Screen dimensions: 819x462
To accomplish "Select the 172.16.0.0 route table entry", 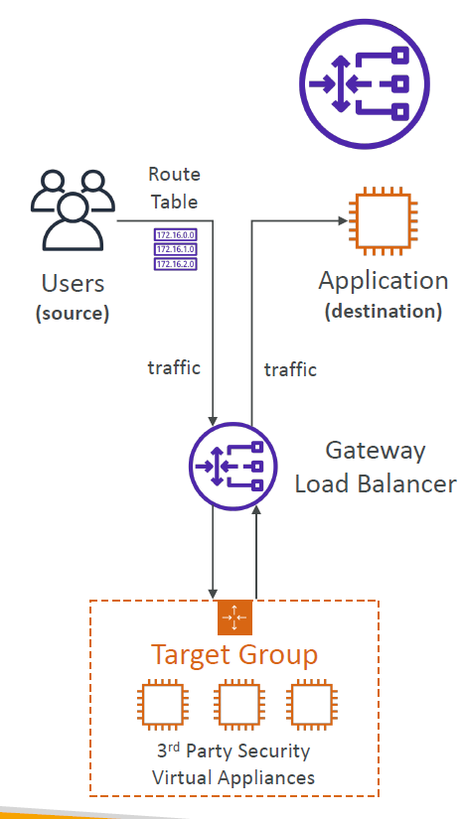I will coord(175,234).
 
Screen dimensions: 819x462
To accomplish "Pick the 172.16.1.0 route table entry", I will coord(175,249).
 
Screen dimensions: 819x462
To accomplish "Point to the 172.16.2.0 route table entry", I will coord(175,264).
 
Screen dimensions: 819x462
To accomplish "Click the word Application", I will coord(383,281).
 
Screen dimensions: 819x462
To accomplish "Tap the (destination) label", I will coord(383,311).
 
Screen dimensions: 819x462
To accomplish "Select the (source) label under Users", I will coord(73,314).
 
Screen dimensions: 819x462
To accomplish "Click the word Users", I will coord(73,284).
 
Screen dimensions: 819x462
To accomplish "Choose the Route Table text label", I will coord(174,188).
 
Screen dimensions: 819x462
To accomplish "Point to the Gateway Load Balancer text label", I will coord(376,468).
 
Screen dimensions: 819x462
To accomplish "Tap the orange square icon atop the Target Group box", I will coord(234,616).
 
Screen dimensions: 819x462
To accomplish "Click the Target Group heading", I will coord(234,655).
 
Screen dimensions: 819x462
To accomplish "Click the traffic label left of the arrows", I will coord(174,368).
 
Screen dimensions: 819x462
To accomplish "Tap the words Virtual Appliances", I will coord(233,777).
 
